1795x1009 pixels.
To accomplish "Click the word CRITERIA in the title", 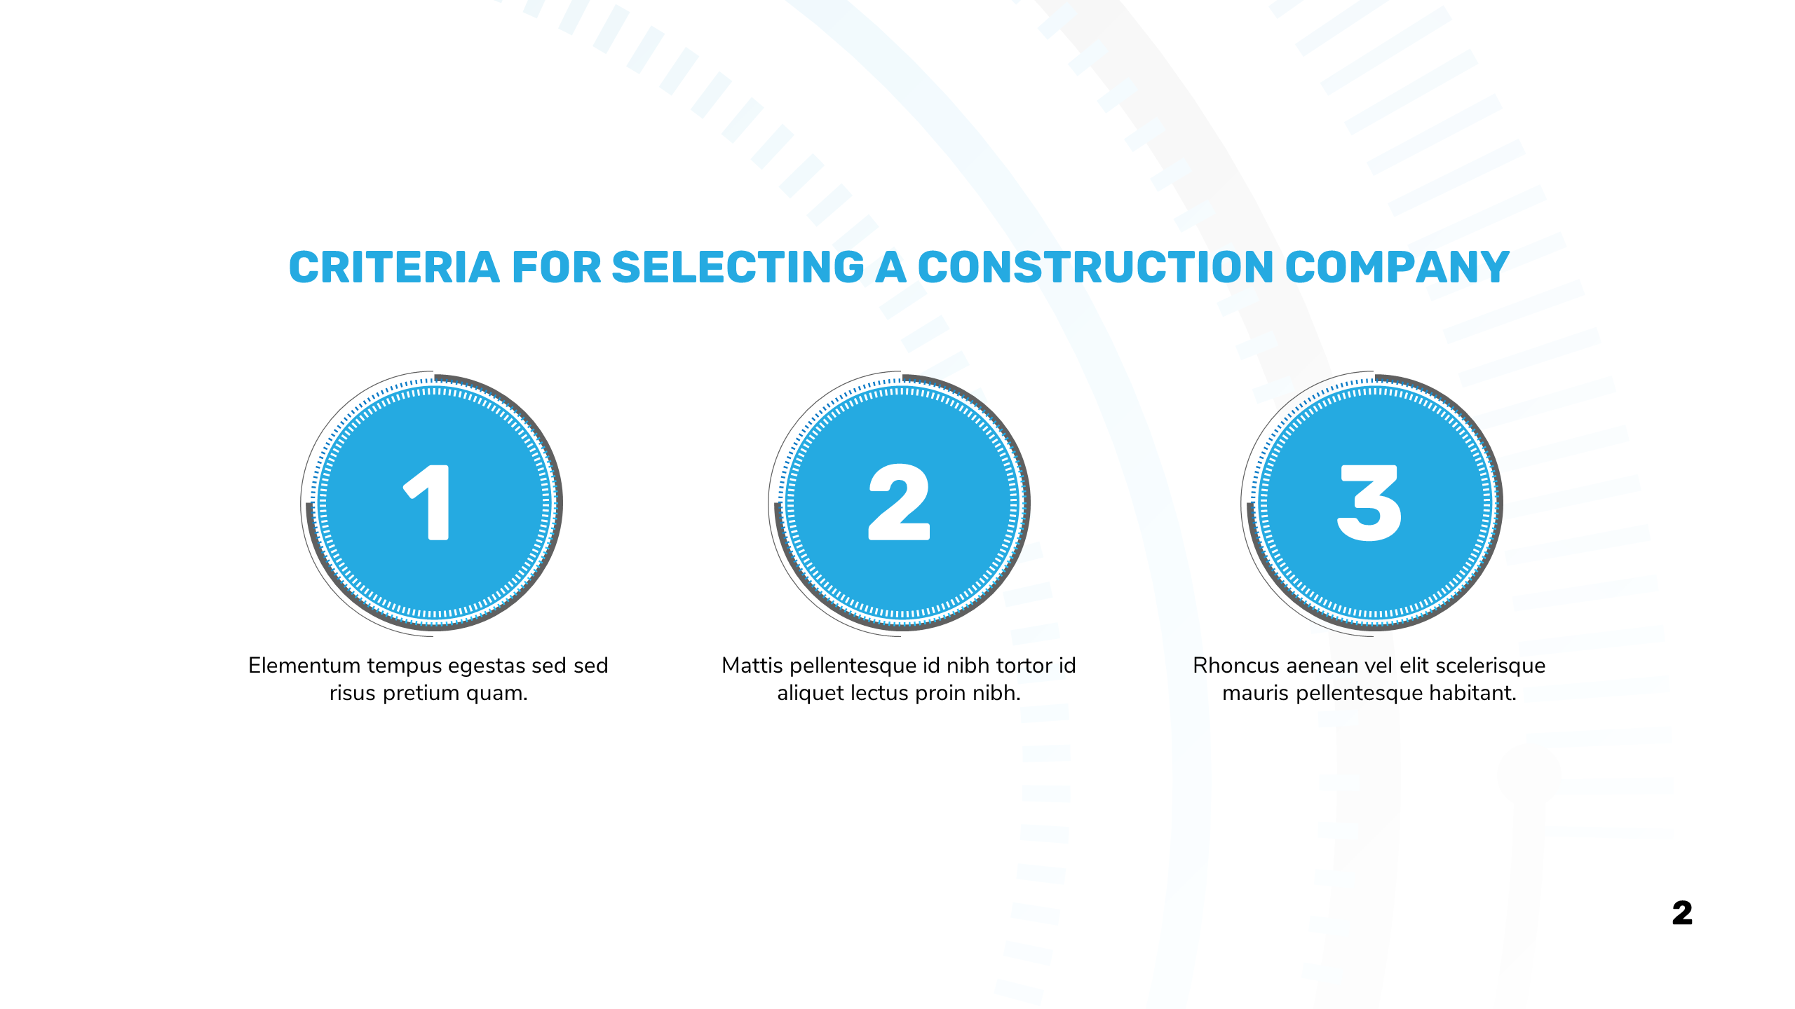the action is pyautogui.click(x=394, y=268).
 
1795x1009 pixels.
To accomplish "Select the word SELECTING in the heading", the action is pyautogui.click(x=738, y=268).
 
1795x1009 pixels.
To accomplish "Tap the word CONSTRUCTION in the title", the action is pyautogui.click(x=1096, y=268).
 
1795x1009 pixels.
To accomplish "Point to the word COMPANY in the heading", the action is pyautogui.click(x=1397, y=268).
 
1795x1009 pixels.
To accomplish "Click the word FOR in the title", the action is pyautogui.click(x=557, y=268).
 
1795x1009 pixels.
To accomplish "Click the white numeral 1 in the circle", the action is pyautogui.click(x=427, y=502).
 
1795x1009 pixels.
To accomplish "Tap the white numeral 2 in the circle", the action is pyautogui.click(x=899, y=502).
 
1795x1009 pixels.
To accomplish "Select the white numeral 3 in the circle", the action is pyautogui.click(x=1369, y=502).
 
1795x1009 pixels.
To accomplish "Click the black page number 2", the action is pyautogui.click(x=1682, y=913).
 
